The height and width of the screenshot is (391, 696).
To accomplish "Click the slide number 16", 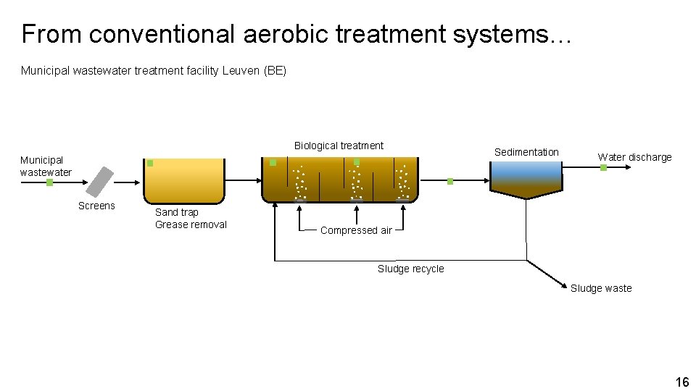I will (x=681, y=382).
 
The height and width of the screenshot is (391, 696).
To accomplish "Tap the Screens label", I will (x=96, y=206).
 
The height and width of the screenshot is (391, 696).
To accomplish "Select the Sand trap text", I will (x=177, y=212).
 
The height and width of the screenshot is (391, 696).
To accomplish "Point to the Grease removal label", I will (x=191, y=224).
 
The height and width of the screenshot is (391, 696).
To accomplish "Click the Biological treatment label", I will (x=339, y=146).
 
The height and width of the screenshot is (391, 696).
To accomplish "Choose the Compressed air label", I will (x=356, y=230).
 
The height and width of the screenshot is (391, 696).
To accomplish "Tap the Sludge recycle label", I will (x=410, y=269).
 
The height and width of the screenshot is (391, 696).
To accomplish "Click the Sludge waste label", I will (x=600, y=288).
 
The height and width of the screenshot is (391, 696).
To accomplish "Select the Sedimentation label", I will (x=526, y=152).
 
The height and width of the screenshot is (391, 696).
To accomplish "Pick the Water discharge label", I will (x=634, y=157).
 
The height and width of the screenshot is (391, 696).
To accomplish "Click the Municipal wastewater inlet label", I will (x=46, y=166).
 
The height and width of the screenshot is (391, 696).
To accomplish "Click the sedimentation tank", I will (x=526, y=180).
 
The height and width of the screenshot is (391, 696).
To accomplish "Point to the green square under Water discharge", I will (x=603, y=168).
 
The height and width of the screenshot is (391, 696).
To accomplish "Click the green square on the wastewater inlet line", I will (x=49, y=182).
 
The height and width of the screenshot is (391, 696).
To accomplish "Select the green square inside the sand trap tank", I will (x=150, y=163).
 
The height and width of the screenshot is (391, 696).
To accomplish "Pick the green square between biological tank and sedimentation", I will (x=449, y=181).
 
